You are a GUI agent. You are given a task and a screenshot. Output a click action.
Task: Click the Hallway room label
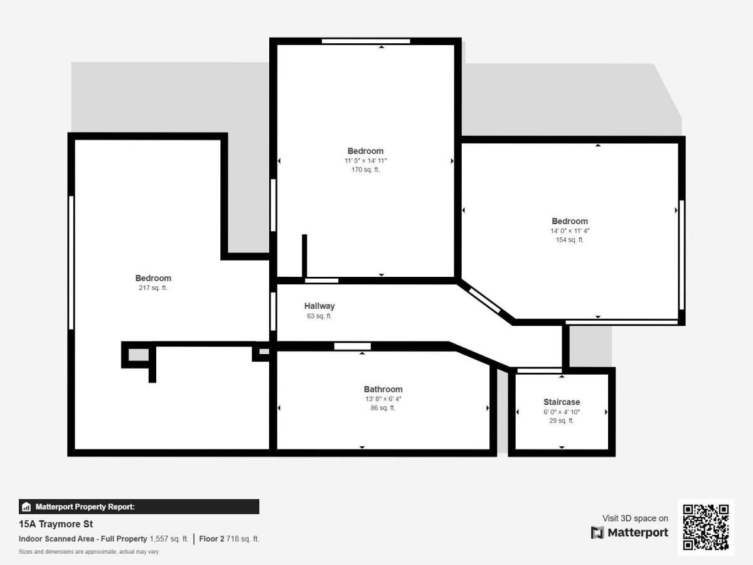click(x=319, y=306)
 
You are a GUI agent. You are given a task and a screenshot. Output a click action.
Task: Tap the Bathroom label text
click(x=383, y=389)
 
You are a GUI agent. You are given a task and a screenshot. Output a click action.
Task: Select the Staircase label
click(x=562, y=402)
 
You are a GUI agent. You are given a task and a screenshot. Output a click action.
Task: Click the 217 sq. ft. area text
click(x=153, y=288)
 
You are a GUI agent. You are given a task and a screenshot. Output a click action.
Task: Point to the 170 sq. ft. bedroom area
click(x=365, y=169)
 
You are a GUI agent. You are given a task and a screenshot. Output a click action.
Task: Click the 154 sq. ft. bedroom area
click(x=570, y=240)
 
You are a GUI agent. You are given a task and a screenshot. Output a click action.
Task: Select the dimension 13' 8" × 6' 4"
click(x=383, y=399)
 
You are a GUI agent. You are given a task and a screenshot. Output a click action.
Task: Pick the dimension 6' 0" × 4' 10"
click(x=562, y=412)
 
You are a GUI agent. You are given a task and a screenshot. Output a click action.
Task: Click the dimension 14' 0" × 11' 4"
click(x=570, y=230)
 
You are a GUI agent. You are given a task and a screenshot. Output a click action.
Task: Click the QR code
click(x=706, y=527)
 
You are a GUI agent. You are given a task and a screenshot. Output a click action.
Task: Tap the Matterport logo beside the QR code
click(x=630, y=532)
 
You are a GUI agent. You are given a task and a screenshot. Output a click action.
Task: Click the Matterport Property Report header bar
click(x=139, y=507)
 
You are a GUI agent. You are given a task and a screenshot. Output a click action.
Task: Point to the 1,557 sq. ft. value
click(x=169, y=539)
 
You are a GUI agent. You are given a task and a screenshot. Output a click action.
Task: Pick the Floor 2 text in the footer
click(x=211, y=539)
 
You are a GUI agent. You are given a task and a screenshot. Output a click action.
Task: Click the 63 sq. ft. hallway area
click(x=319, y=316)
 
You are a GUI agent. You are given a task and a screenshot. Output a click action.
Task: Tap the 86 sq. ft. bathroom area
click(x=383, y=408)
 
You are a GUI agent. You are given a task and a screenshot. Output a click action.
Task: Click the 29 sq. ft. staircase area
click(x=562, y=421)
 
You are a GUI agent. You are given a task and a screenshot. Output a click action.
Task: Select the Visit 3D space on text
click(x=635, y=518)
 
